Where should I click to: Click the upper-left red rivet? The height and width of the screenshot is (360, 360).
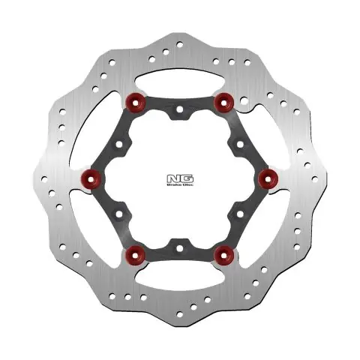click(x=136, y=100)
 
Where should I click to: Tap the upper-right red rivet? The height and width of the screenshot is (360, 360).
click(x=222, y=100)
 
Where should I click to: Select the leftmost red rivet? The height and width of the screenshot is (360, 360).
click(x=92, y=177)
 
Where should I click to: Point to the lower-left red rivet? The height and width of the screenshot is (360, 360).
click(x=136, y=254)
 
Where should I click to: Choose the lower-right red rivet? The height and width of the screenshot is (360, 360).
click(x=222, y=254)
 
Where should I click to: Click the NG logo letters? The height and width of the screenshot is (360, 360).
click(x=179, y=177)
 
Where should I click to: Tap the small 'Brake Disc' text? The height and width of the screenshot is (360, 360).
click(x=179, y=185)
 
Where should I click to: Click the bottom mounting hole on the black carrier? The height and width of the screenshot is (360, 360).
click(x=179, y=244)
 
